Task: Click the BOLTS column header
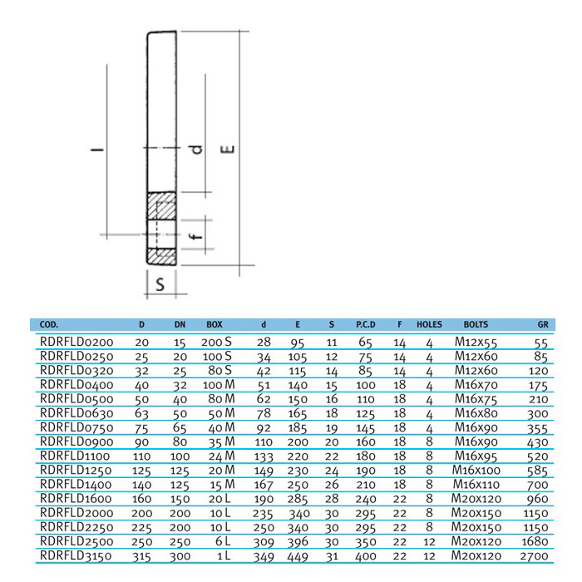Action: (x=476, y=324)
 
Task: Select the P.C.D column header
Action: (x=366, y=324)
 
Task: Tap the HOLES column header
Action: (x=429, y=324)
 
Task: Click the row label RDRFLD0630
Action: (x=76, y=413)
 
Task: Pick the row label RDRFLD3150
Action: (x=76, y=555)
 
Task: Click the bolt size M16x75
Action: (x=476, y=399)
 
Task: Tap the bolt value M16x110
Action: (x=476, y=485)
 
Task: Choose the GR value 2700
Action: (x=534, y=556)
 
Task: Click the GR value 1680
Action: (x=535, y=541)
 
